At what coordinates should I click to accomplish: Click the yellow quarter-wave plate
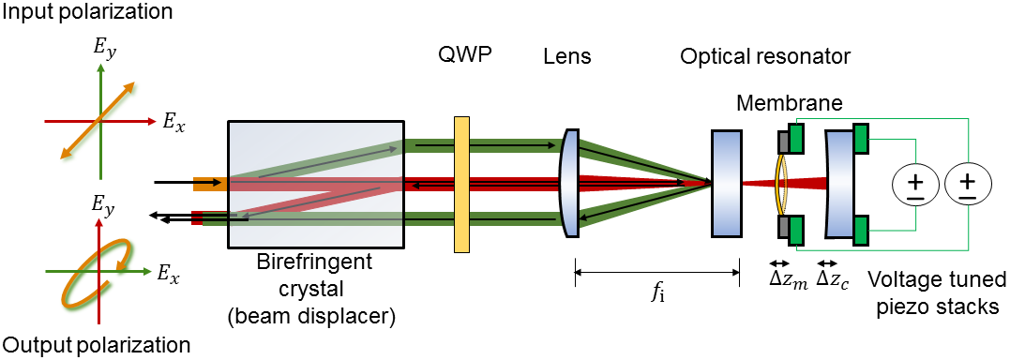[x=460, y=184]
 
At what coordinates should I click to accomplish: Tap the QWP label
[x=461, y=56]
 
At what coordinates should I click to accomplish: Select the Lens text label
[x=567, y=56]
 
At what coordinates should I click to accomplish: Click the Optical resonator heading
[x=765, y=56]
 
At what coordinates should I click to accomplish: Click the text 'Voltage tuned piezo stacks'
[x=937, y=292]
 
